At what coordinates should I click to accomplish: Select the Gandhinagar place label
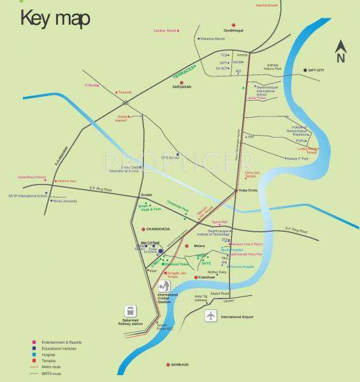[x=234, y=31]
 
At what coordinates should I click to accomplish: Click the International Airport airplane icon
[x=211, y=316]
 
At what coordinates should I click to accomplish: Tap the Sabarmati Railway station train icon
[x=131, y=311]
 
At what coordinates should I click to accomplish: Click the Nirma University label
[x=64, y=201]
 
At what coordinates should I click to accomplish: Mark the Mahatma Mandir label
[x=213, y=39]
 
